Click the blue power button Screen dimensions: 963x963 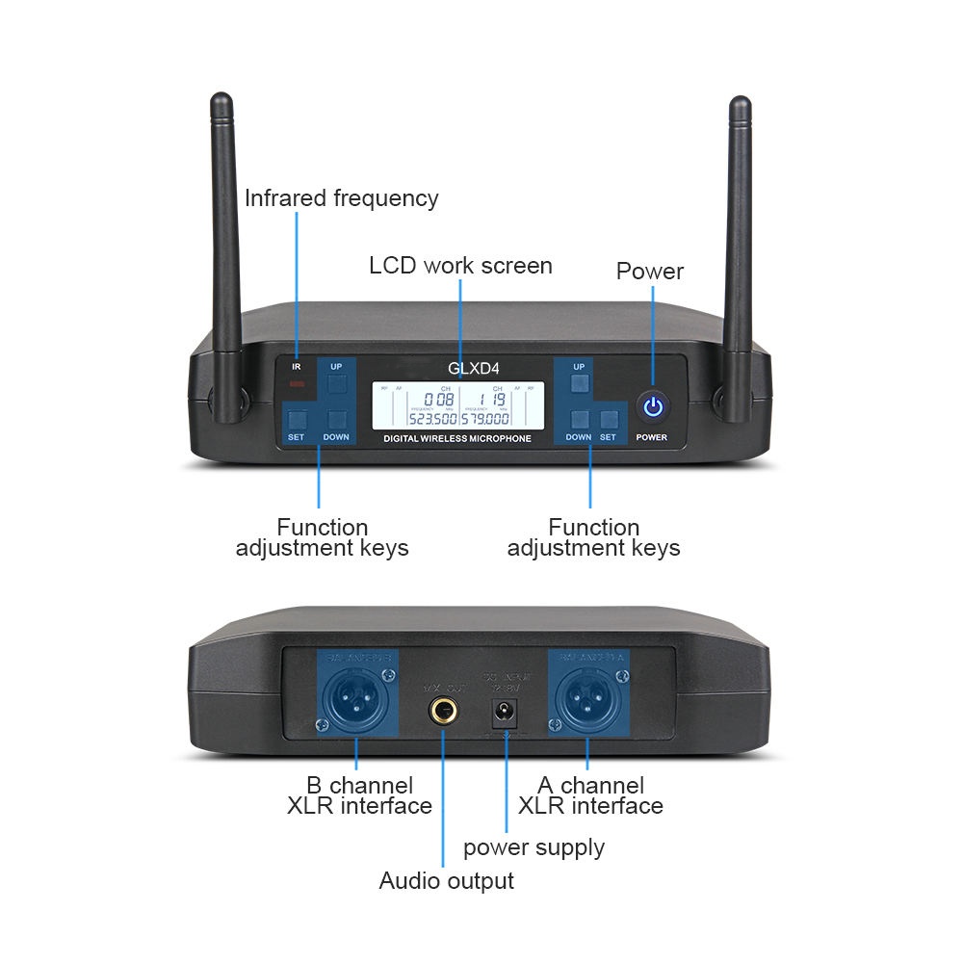(x=654, y=406)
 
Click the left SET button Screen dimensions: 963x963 (x=296, y=420)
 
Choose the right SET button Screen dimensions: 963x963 (x=608, y=420)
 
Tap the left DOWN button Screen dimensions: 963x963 (x=336, y=420)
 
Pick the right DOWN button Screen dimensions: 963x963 (x=579, y=420)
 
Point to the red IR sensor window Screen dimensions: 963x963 (x=298, y=386)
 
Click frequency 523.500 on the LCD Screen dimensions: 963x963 (x=431, y=419)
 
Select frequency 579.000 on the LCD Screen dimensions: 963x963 (x=485, y=419)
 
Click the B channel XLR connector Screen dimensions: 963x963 (x=355, y=702)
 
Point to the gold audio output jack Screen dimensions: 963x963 (x=443, y=715)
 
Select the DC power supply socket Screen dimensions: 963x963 (x=503, y=715)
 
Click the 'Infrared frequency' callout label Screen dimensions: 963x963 (x=341, y=198)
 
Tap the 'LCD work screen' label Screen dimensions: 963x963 (x=460, y=265)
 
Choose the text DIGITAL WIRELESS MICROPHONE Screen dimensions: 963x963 (x=457, y=439)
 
